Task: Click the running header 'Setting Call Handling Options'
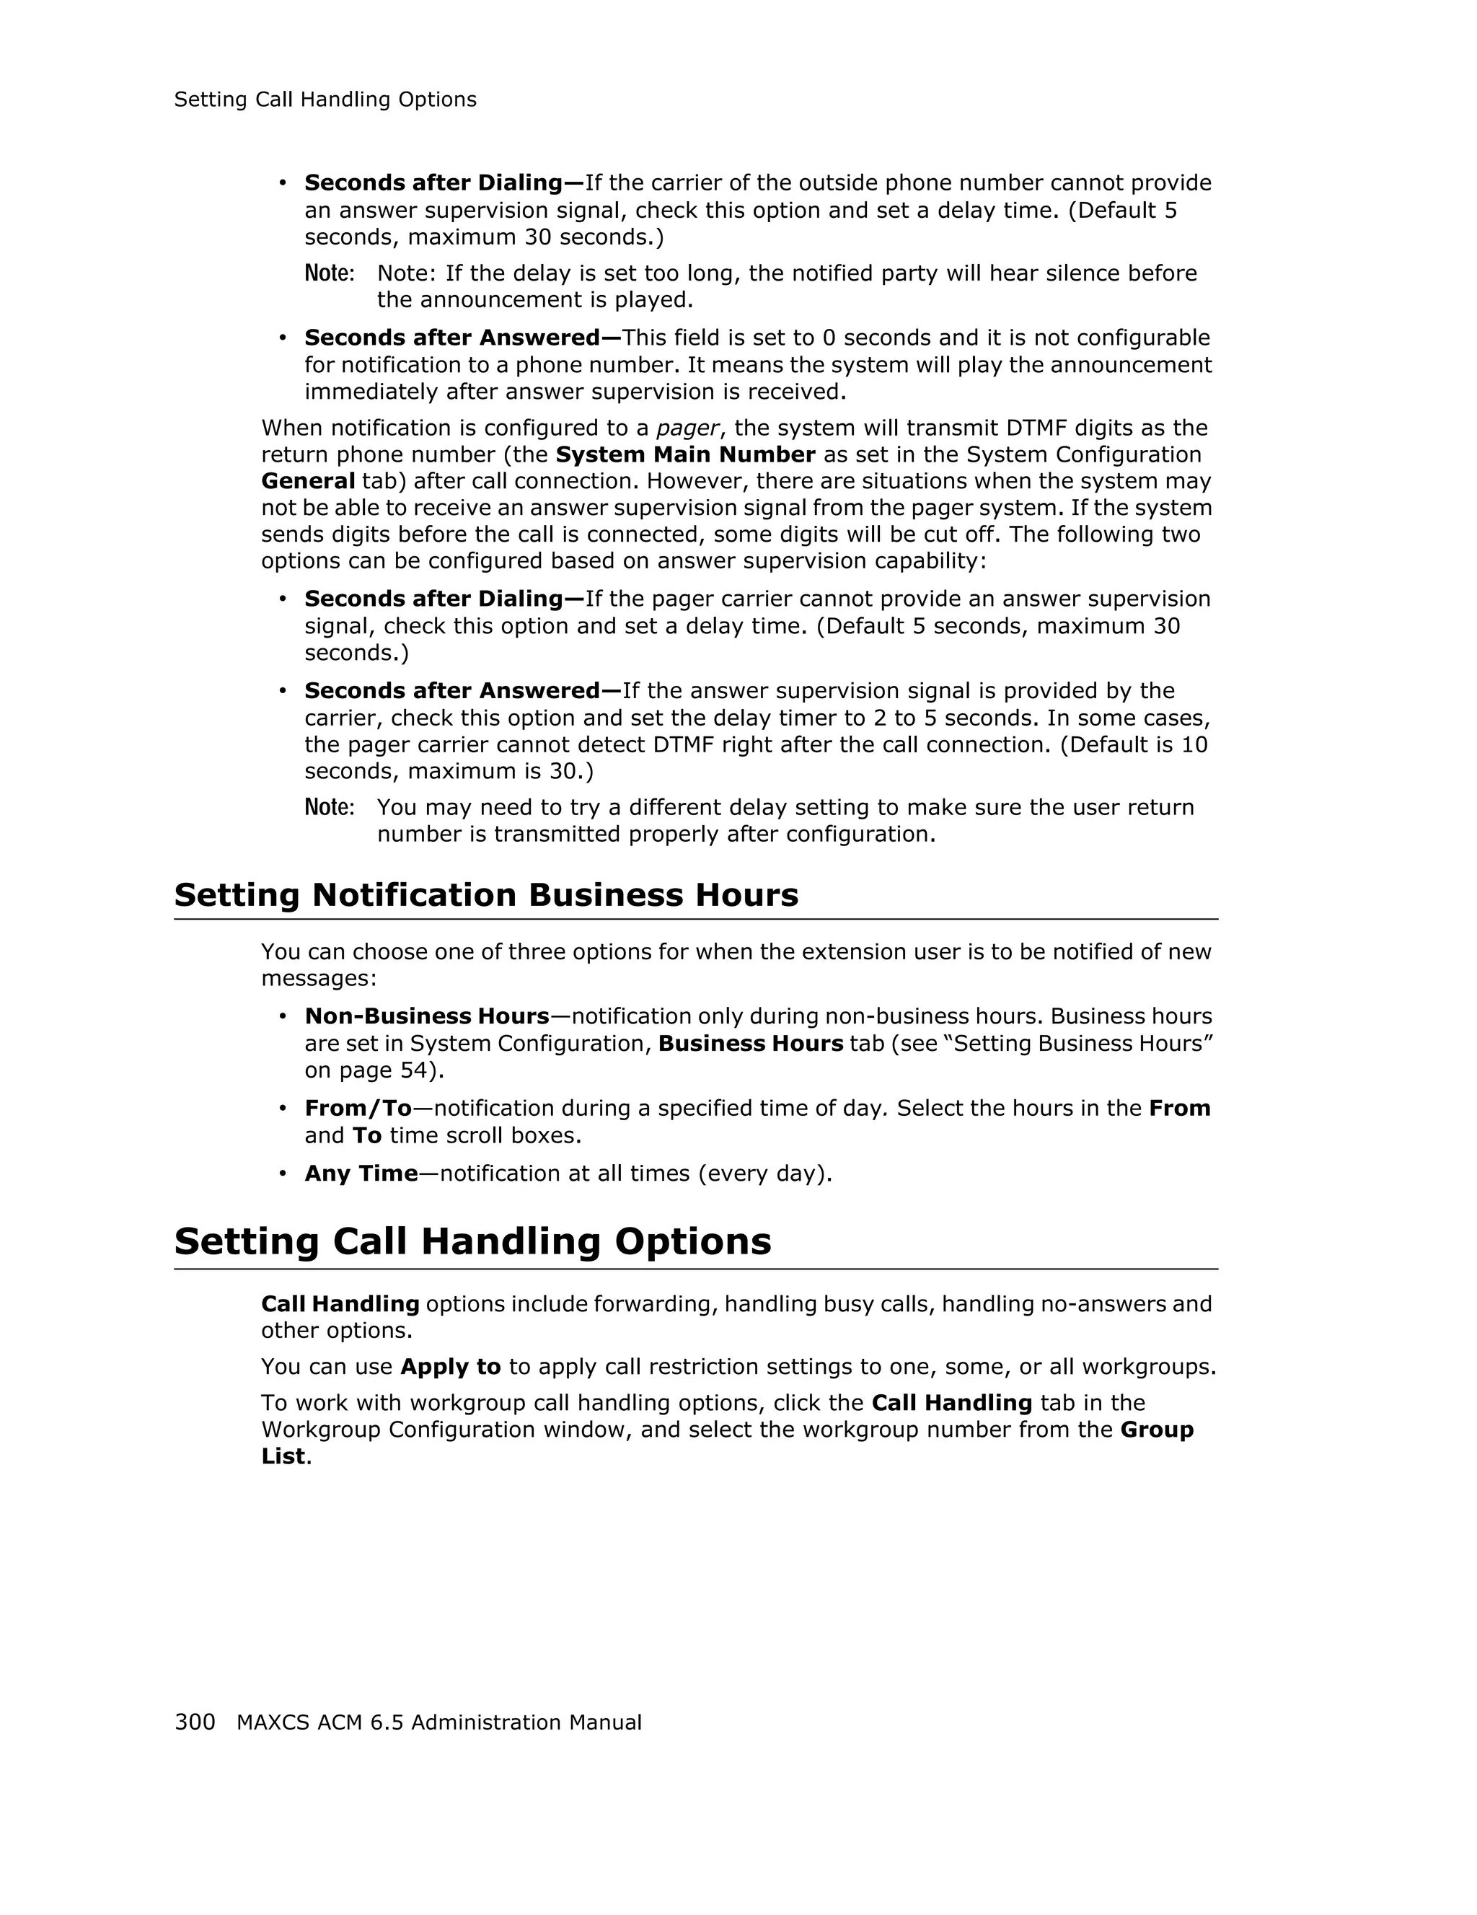pyautogui.click(x=325, y=100)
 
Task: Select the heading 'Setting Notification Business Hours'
pyautogui.click(x=485, y=895)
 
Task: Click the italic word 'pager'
pyautogui.click(x=687, y=428)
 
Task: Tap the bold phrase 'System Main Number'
pyautogui.click(x=685, y=454)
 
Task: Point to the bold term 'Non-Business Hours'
pyautogui.click(x=427, y=1016)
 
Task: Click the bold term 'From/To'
pyautogui.click(x=358, y=1109)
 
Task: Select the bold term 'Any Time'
pyautogui.click(x=361, y=1174)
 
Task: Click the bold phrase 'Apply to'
pyautogui.click(x=451, y=1367)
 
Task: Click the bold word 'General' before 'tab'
pyautogui.click(x=308, y=481)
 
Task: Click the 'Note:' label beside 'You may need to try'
pyautogui.click(x=329, y=808)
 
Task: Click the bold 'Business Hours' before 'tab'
pyautogui.click(x=750, y=1044)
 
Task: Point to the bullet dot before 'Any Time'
pyautogui.click(x=282, y=1174)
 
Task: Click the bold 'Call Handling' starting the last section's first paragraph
pyautogui.click(x=340, y=1304)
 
